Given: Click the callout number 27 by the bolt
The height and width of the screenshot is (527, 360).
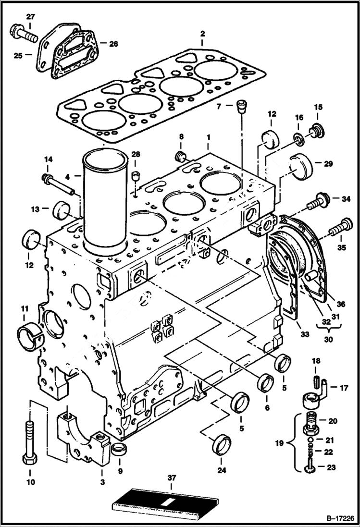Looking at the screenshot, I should coord(30,17).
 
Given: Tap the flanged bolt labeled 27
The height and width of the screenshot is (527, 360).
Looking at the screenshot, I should coord(23,33).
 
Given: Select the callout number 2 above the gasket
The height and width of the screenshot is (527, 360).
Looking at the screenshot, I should coord(202,34).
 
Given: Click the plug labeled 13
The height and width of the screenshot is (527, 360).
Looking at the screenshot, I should coord(62,209).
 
